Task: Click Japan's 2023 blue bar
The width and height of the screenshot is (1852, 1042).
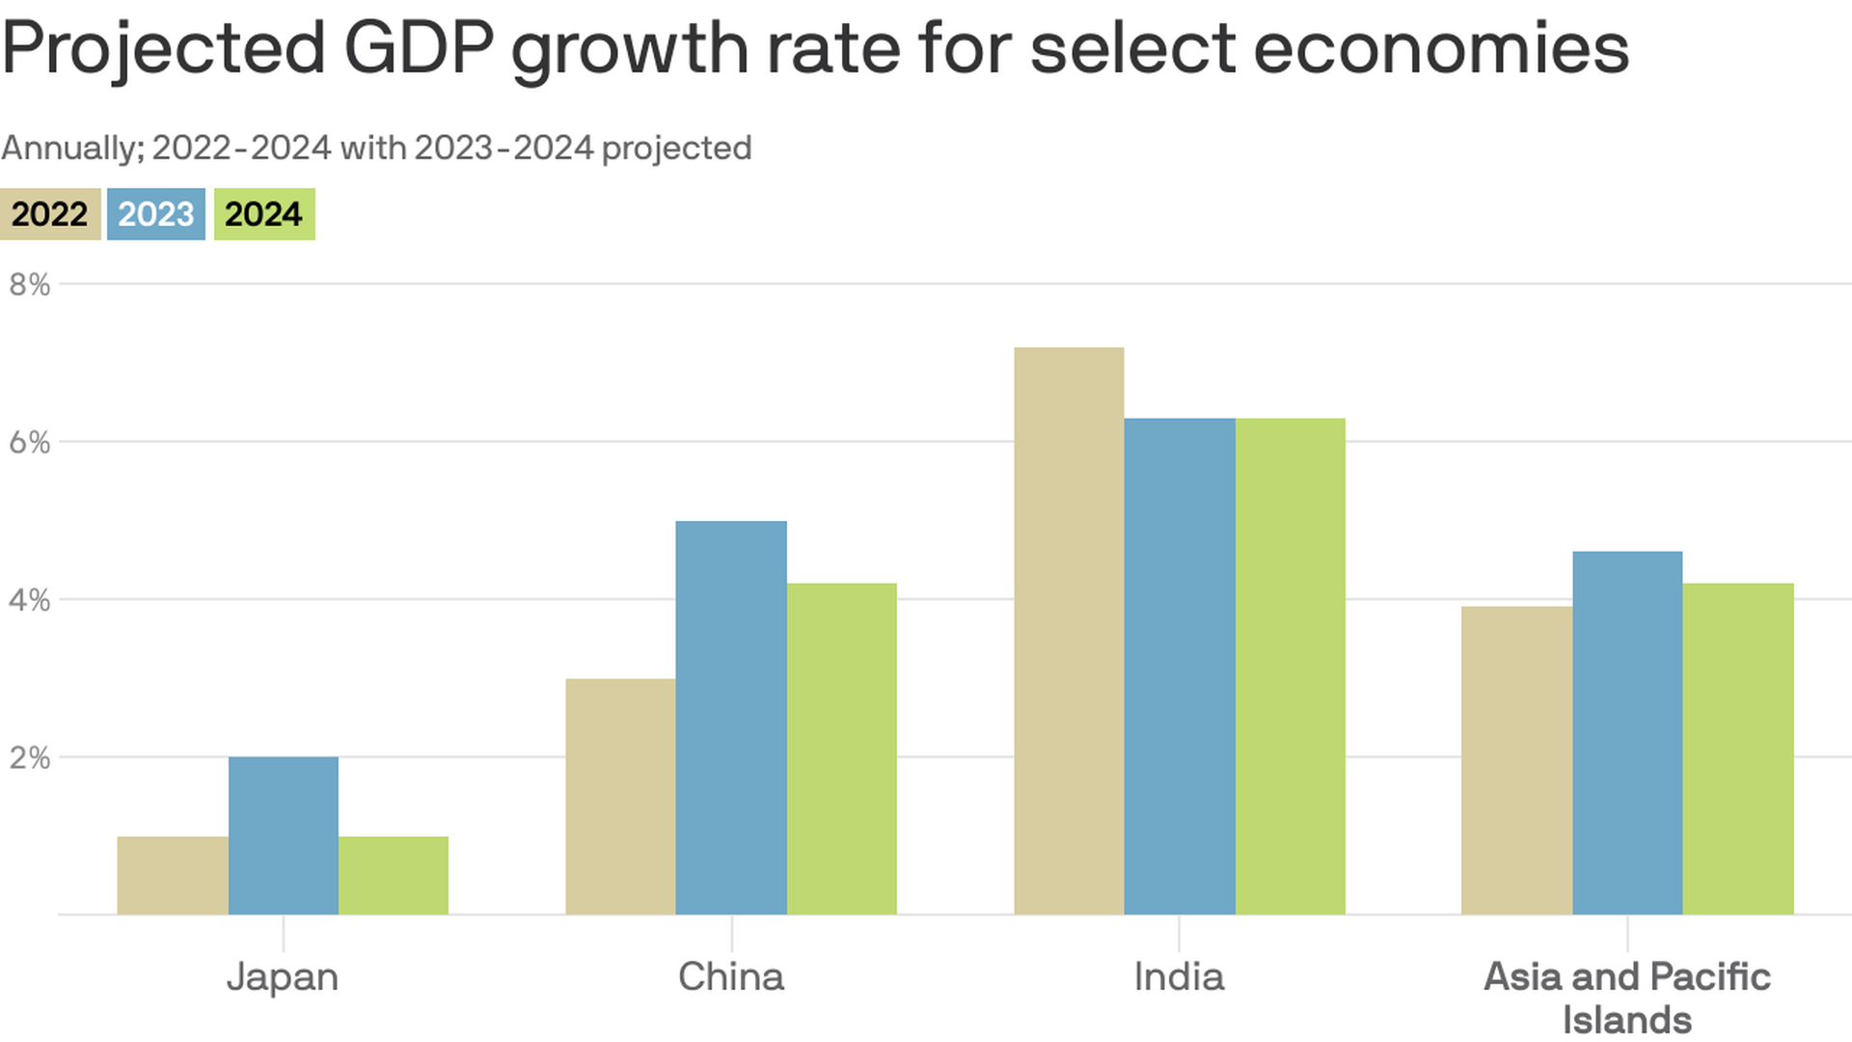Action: [x=284, y=836]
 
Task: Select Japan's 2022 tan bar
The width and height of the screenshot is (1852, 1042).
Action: [x=173, y=875]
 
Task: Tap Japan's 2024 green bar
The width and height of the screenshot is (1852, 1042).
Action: [x=394, y=875]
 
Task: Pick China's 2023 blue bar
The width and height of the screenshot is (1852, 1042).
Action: [x=731, y=718]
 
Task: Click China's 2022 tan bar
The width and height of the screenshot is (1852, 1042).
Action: [x=620, y=797]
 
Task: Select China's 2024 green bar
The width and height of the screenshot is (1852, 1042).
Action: [x=842, y=749]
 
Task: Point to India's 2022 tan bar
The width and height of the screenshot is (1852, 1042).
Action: [x=1069, y=631]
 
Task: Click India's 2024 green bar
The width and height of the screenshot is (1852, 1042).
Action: [x=1291, y=666]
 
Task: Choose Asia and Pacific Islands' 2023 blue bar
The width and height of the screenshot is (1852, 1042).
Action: [x=1627, y=733]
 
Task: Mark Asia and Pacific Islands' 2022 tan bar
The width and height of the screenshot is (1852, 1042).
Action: [x=1516, y=760]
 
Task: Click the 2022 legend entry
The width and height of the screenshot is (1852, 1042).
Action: [x=50, y=214]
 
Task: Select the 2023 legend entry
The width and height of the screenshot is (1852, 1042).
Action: [x=156, y=214]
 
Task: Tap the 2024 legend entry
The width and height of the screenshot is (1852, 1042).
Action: [x=263, y=214]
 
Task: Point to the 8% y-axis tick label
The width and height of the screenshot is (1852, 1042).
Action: [x=29, y=285]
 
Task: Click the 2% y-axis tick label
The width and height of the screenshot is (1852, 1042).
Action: [x=29, y=758]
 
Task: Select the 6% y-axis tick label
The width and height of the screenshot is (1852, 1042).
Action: [x=29, y=443]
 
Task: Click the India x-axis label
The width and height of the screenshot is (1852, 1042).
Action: [x=1179, y=976]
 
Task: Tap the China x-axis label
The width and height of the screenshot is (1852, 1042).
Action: [x=731, y=976]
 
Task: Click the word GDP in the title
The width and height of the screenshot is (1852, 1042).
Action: [x=419, y=48]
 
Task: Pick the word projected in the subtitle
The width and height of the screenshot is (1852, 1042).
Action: [x=676, y=149]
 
